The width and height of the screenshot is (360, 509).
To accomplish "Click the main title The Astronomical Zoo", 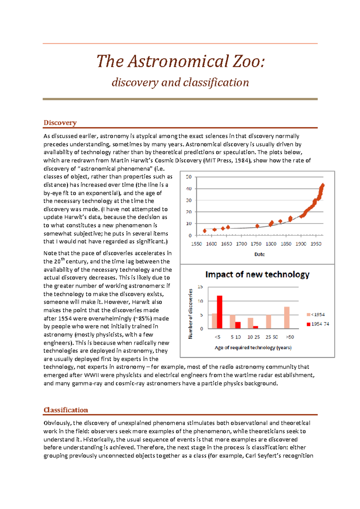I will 180,61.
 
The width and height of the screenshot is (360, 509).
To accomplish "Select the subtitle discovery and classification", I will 180,82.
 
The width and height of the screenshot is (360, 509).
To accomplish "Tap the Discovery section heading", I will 60,123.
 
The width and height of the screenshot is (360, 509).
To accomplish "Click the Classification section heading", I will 66,410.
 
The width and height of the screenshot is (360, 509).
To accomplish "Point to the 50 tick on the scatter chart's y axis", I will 189,177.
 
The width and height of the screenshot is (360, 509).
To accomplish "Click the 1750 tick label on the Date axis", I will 256,244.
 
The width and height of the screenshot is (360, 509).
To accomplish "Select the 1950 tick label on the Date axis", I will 316,244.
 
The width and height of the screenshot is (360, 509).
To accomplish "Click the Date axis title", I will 259,254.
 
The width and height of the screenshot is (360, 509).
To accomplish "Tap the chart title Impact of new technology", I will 257,274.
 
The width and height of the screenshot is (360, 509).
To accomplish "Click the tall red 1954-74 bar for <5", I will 220,312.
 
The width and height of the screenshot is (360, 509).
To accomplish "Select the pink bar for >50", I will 287,318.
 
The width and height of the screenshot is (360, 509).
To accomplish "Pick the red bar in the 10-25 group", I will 256,327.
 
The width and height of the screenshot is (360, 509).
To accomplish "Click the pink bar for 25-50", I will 268,322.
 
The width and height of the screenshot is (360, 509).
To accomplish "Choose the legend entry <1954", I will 316,314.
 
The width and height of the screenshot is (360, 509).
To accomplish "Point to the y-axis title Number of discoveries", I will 190,314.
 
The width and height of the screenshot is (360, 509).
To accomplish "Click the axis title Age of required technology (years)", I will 253,347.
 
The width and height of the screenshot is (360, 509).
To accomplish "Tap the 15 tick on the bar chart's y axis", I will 200,287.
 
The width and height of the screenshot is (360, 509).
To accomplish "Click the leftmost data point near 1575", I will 205,231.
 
